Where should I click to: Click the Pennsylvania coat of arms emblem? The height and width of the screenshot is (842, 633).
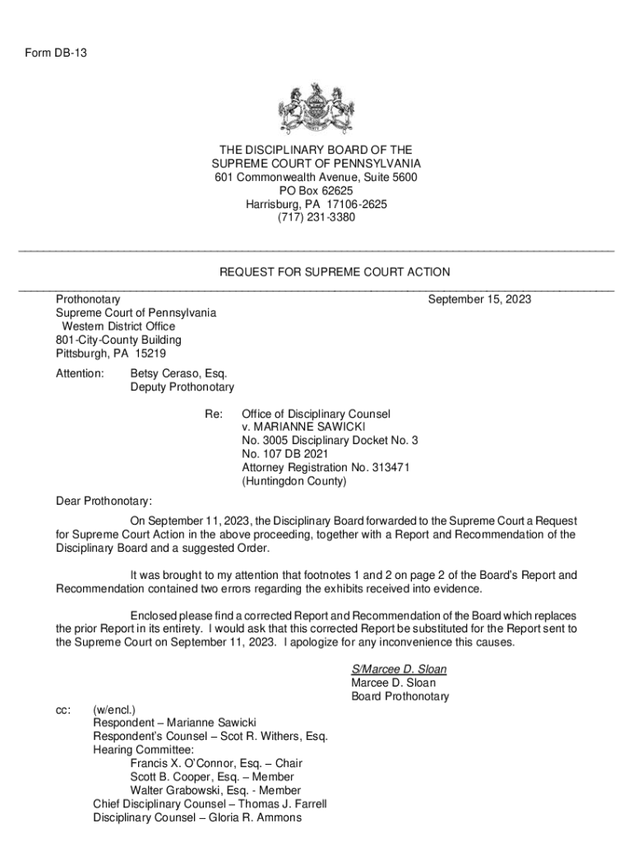pos(316,111)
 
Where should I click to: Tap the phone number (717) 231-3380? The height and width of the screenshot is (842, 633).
pos(316,217)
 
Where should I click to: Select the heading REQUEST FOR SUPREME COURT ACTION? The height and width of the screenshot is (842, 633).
pos(335,272)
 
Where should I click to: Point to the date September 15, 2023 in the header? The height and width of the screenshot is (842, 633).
pos(479,299)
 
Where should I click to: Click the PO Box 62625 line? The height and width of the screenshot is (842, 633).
pos(316,191)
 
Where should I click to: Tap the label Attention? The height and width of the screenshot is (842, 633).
pos(80,374)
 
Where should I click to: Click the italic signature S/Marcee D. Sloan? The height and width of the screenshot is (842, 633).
pos(399,669)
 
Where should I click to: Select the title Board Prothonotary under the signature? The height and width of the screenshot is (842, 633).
pos(400,696)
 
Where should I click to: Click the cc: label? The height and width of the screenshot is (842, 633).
pos(63,710)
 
